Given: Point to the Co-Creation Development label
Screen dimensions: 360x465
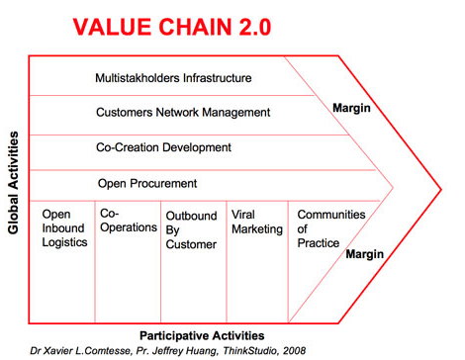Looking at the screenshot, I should point(163,147).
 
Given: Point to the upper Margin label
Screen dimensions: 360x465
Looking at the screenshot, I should point(351,108).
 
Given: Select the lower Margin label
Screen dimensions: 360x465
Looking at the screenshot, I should point(363,254).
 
